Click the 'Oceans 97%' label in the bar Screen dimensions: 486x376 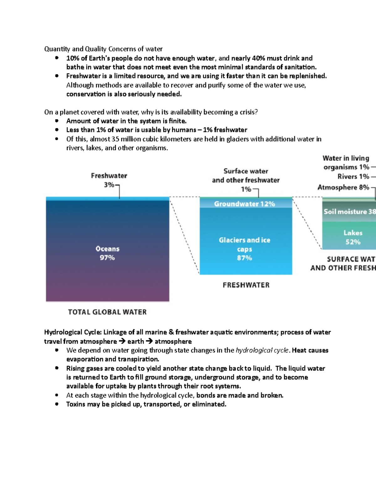point(107,253)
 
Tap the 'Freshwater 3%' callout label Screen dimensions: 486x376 point(109,180)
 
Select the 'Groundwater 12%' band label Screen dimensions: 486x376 point(244,204)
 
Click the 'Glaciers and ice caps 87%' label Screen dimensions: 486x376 point(244,249)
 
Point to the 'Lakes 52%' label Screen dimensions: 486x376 point(353,237)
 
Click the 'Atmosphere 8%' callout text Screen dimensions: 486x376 point(343,187)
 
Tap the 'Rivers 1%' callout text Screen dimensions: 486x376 point(353,176)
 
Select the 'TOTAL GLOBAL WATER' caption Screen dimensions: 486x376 point(107,312)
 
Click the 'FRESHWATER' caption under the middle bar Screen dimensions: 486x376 point(246,285)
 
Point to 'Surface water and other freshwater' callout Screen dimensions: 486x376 point(246,176)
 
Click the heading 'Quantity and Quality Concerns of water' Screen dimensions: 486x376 point(103,49)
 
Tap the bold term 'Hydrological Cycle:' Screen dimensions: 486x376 point(73,332)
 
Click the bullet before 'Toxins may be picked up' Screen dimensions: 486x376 point(57,404)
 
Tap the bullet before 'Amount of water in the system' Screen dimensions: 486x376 point(57,121)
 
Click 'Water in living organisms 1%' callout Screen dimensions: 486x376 point(346,162)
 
